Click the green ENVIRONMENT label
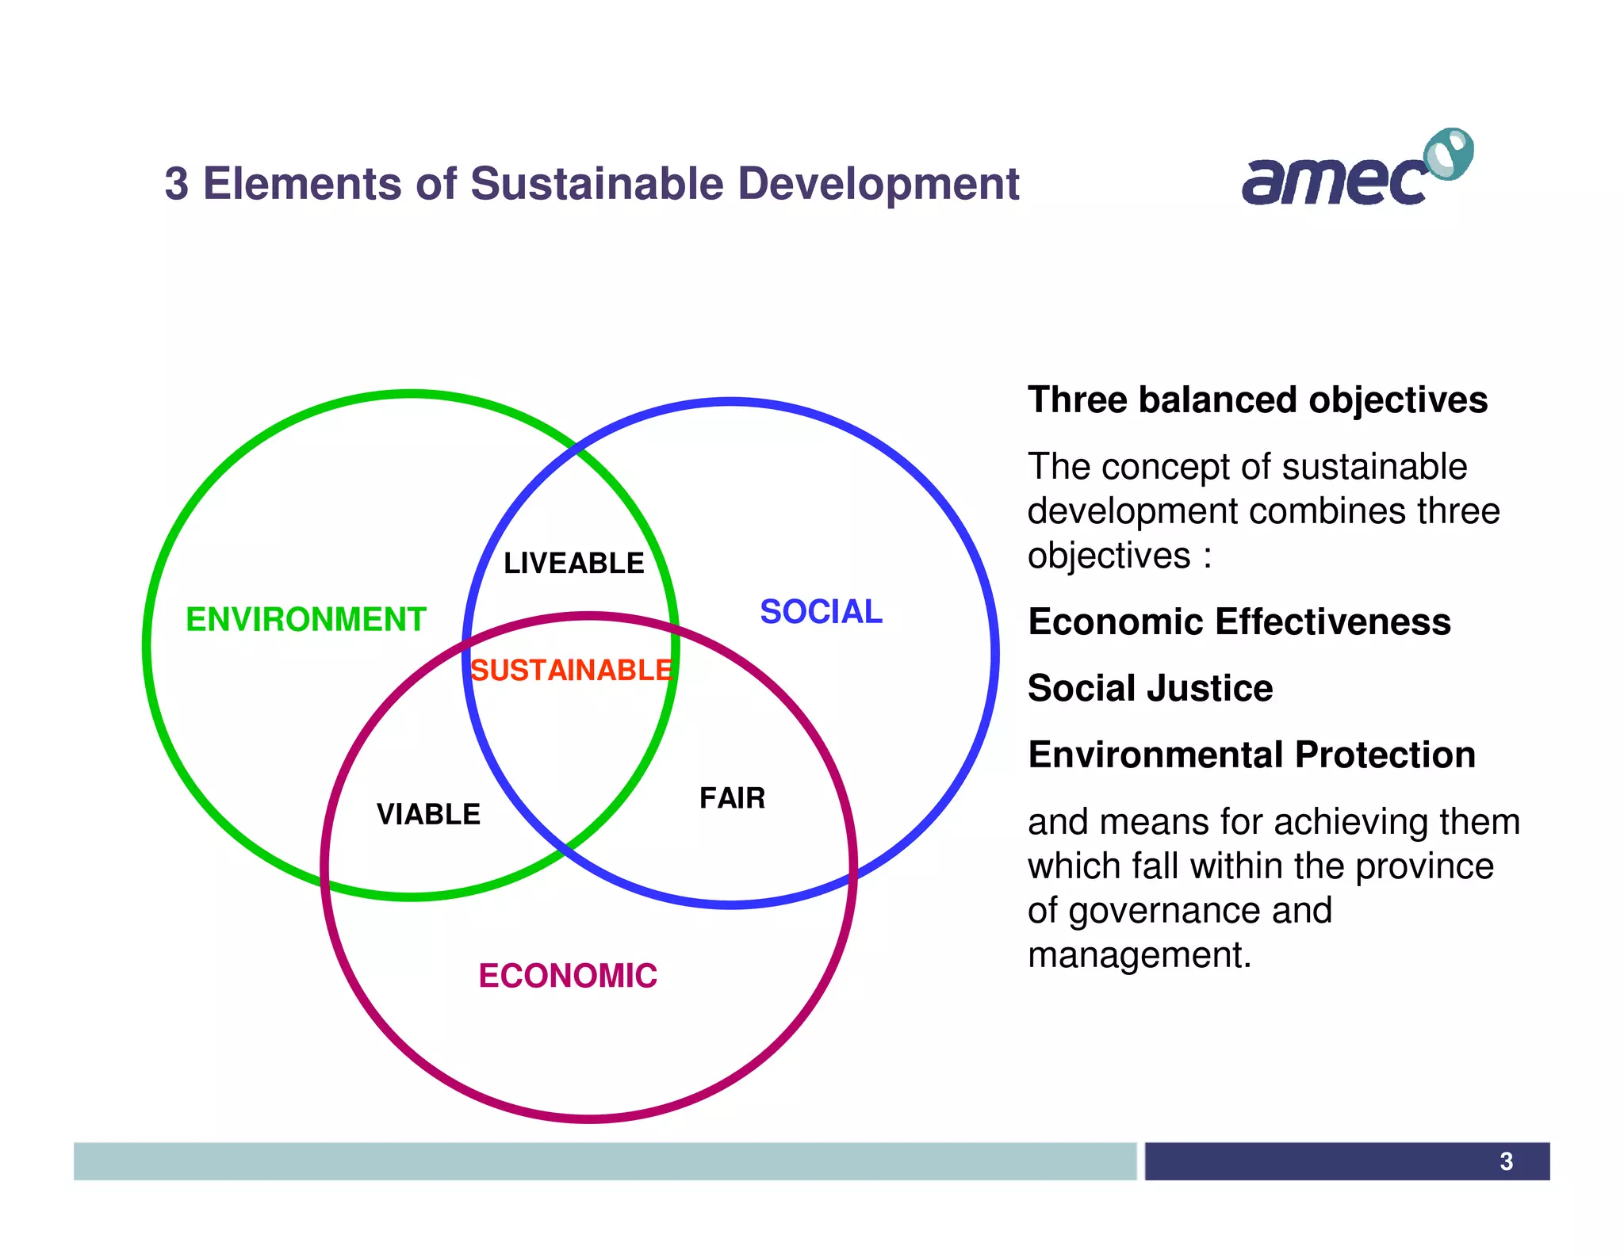point(305,619)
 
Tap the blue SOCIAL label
point(821,611)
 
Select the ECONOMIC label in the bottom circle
point(568,975)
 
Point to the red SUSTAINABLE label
point(571,671)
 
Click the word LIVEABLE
point(573,563)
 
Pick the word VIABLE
point(428,814)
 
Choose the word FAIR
point(732,797)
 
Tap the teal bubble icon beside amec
point(1449,153)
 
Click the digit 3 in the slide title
point(176,184)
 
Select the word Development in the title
point(878,184)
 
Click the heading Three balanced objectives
point(1258,400)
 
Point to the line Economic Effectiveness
point(1239,621)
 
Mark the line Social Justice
point(1150,688)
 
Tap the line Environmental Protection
point(1251,755)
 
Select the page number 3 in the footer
point(1506,1161)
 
